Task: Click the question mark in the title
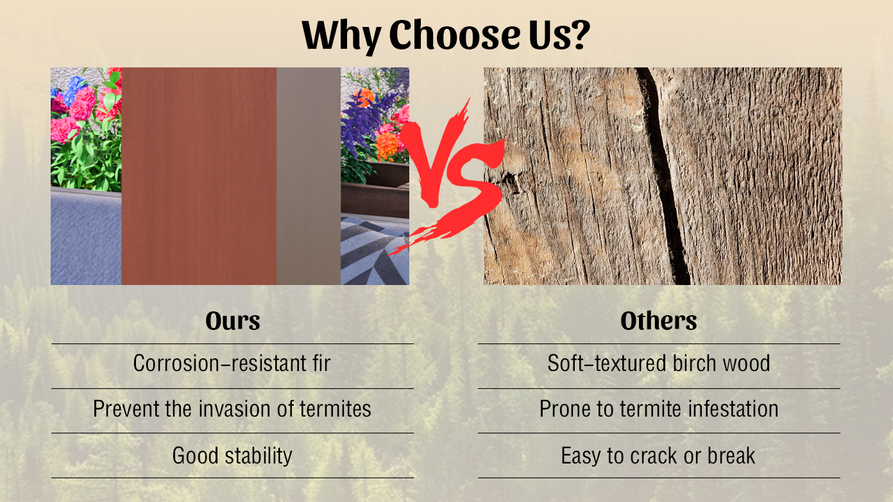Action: click(x=577, y=35)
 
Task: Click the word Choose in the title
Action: click(x=454, y=35)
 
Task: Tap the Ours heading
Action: click(x=233, y=321)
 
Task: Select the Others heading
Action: click(x=659, y=321)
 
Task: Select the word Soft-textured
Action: click(x=607, y=363)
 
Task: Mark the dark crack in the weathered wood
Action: click(x=662, y=176)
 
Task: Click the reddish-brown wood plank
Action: click(x=199, y=176)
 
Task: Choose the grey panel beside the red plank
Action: click(x=309, y=176)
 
